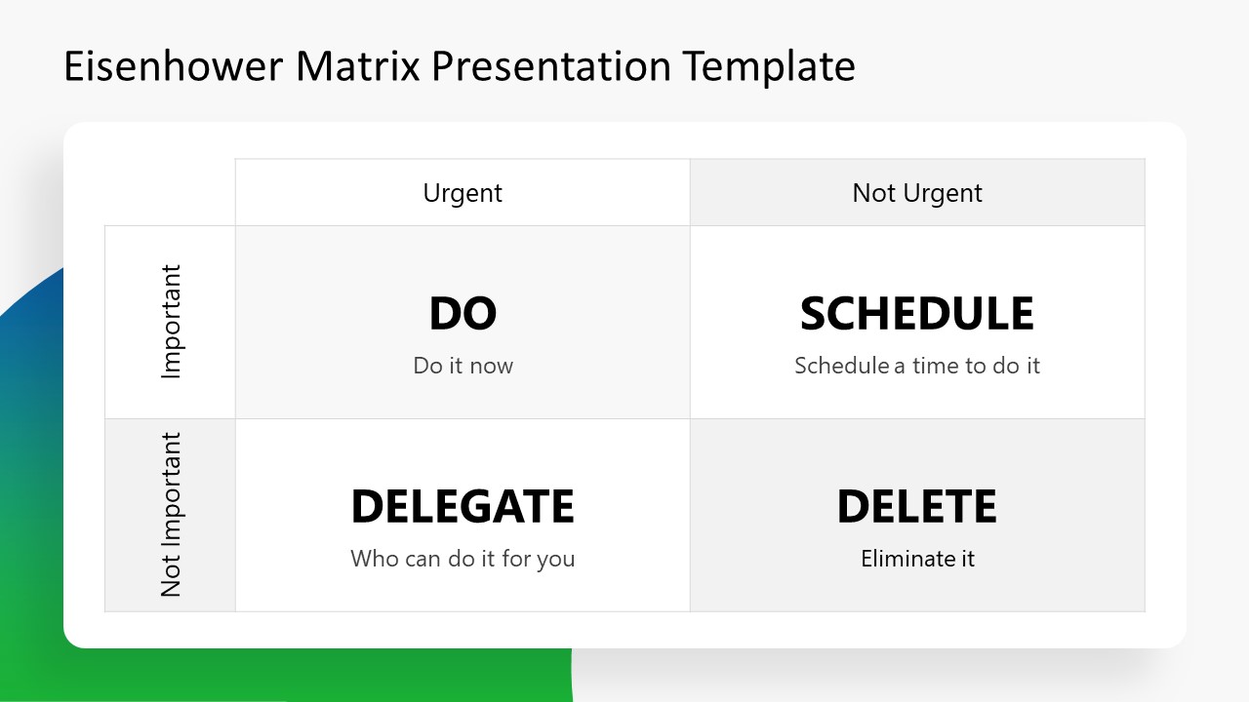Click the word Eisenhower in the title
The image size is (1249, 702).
click(173, 66)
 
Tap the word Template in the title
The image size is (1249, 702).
click(769, 66)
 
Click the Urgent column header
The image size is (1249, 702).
click(463, 193)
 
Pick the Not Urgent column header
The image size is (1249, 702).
click(917, 193)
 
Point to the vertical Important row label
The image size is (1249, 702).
click(171, 322)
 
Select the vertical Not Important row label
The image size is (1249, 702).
click(171, 515)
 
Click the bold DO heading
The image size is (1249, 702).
click(463, 314)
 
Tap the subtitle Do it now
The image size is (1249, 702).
click(463, 366)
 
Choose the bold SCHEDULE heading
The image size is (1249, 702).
click(917, 314)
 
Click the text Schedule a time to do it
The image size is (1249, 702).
click(917, 366)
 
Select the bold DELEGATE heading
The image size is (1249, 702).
click(463, 507)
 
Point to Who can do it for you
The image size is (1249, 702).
click(463, 559)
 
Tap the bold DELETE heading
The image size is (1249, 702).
click(917, 507)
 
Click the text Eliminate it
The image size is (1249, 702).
click(917, 559)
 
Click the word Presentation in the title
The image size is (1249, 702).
click(550, 66)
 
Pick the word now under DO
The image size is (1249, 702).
click(491, 367)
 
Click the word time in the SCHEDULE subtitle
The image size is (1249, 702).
click(936, 366)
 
